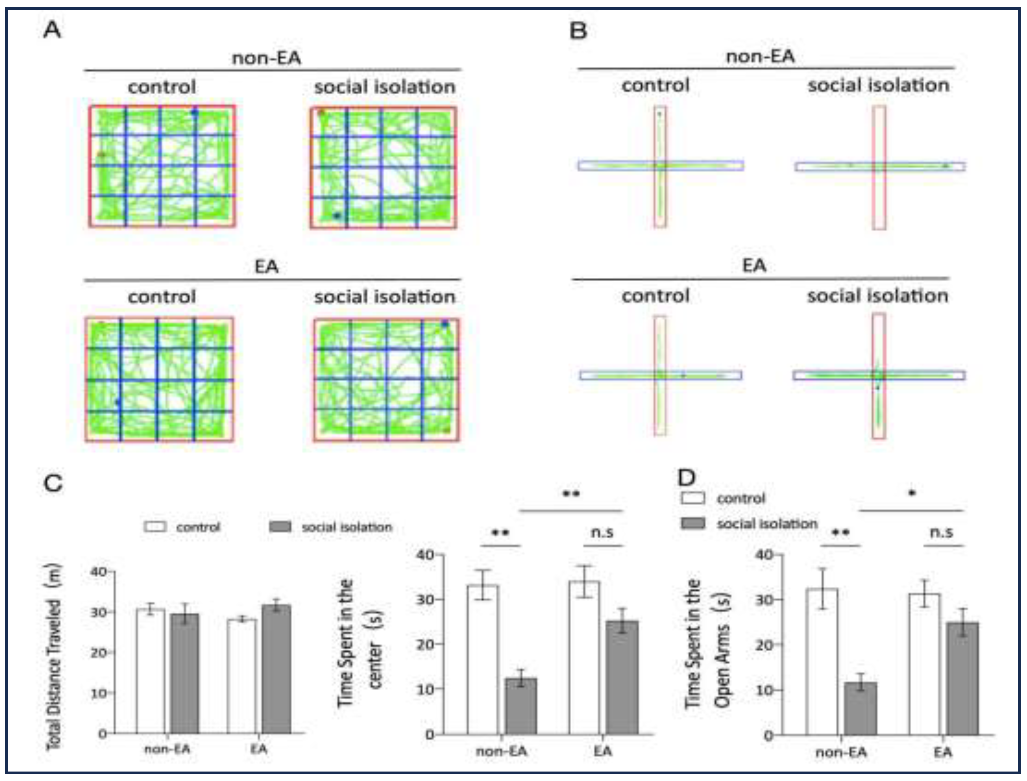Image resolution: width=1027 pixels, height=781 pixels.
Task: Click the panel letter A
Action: (x=52, y=31)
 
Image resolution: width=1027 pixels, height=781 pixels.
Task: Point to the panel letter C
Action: (x=53, y=483)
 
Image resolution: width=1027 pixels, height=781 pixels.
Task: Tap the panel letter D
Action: (x=687, y=477)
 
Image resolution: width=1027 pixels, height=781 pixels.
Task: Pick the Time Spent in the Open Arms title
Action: (x=707, y=644)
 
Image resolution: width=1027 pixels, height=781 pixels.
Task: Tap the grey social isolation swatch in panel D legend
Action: (x=693, y=523)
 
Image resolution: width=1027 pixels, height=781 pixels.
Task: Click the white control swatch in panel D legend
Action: (x=693, y=498)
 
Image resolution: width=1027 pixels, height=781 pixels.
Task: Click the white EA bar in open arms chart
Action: (x=925, y=664)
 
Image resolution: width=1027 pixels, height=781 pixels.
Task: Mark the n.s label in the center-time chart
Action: (x=602, y=532)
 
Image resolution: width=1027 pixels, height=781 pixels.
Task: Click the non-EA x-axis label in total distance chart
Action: (x=167, y=749)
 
